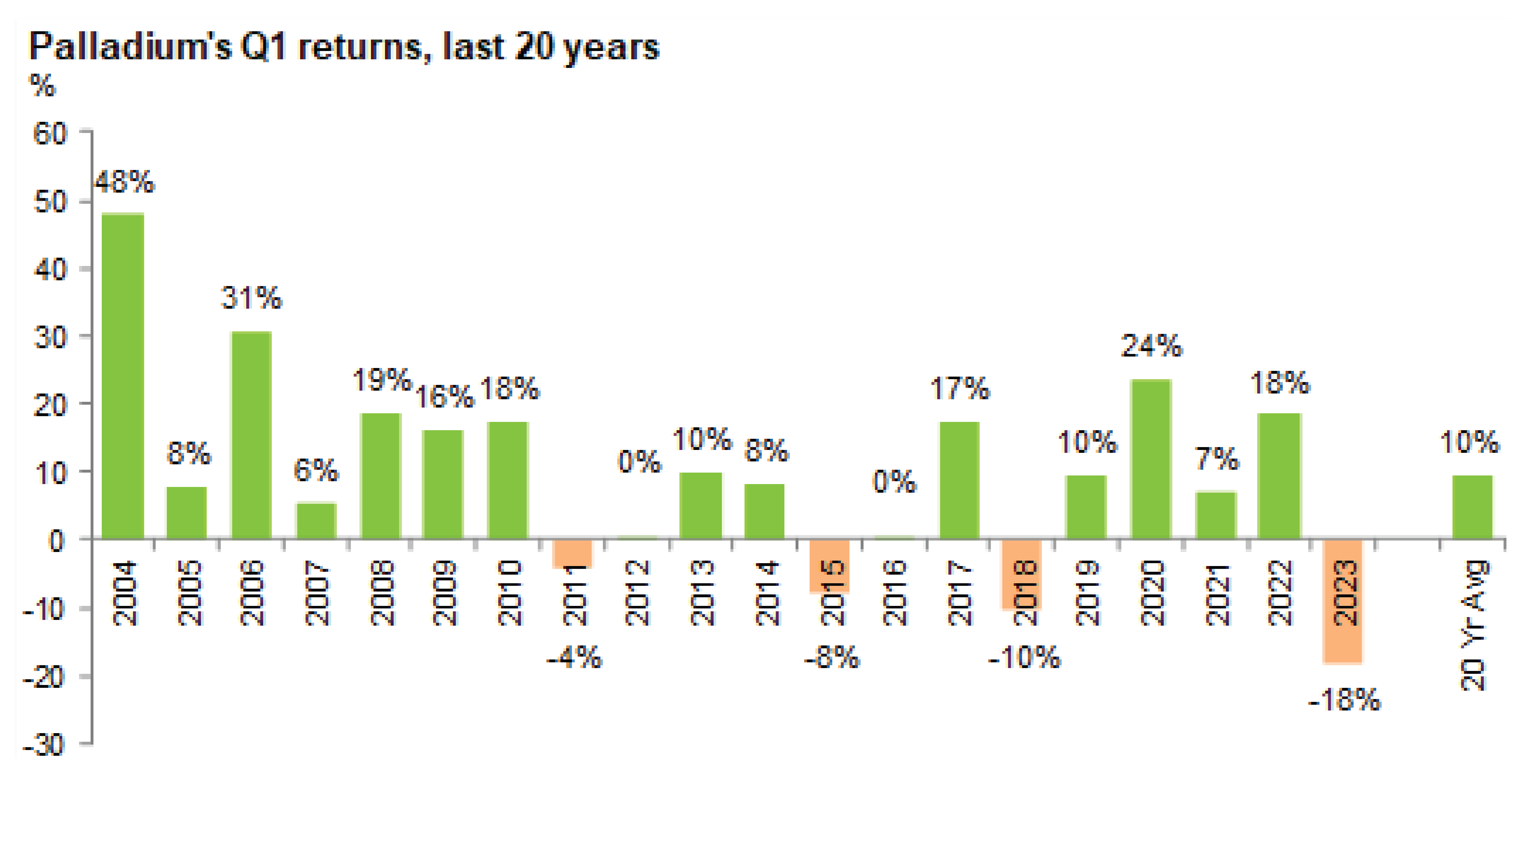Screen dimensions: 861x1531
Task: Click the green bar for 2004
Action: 123,376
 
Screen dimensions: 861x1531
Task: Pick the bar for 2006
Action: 251,435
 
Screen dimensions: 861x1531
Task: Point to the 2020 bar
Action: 1150,459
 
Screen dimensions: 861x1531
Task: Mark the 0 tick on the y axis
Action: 56,541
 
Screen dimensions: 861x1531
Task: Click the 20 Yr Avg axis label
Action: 1473,625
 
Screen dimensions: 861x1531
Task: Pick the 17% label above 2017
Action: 959,389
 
